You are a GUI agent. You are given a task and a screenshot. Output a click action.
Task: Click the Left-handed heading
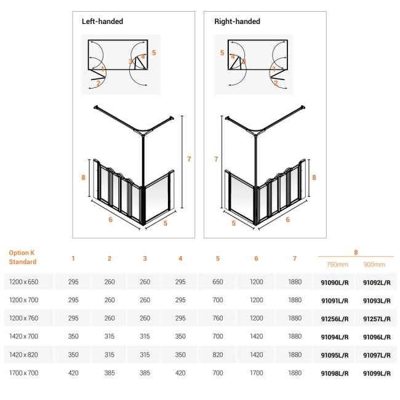tap(102, 22)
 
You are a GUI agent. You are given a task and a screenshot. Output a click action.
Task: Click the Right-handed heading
tap(237, 22)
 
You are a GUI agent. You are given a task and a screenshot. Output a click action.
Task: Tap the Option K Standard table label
tap(22, 257)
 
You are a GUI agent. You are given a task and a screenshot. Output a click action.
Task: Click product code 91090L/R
tap(335, 282)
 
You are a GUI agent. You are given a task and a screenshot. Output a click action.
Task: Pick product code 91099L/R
tap(377, 373)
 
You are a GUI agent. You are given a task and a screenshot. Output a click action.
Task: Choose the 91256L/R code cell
tap(335, 318)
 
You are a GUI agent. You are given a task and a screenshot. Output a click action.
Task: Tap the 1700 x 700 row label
tap(24, 373)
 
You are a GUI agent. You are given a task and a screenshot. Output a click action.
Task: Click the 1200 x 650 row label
tap(24, 282)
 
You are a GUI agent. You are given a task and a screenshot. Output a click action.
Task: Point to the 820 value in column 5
tap(218, 355)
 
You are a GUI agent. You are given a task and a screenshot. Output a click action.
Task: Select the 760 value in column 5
tap(218, 318)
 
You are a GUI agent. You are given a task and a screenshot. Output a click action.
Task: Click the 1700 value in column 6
tap(256, 373)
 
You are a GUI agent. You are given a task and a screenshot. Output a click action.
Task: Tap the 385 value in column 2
tap(110, 373)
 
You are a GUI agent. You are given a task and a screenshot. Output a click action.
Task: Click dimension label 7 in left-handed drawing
tap(189, 159)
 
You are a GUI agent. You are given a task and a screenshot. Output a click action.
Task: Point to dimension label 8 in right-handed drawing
tap(314, 177)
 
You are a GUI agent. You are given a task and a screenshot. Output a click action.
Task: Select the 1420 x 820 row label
tap(24, 355)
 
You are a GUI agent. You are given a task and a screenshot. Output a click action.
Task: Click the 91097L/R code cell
tap(377, 355)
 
